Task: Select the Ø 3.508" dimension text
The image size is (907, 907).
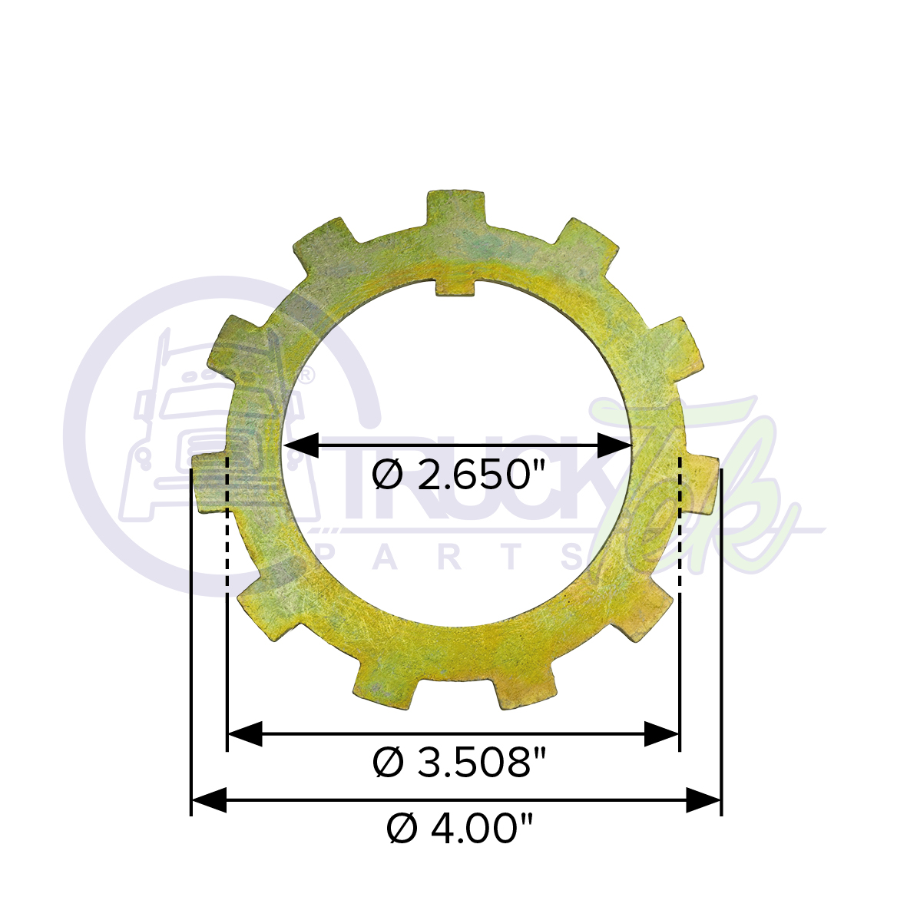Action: point(458,763)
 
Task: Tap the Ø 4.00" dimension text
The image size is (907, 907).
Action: point(459,830)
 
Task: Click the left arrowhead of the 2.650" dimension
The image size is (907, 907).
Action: point(301,445)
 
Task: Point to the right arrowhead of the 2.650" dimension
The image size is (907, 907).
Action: point(614,445)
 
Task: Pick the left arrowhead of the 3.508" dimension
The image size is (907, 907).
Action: point(246,734)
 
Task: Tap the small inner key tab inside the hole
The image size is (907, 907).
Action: point(455,286)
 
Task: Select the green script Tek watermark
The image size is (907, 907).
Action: point(691,492)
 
